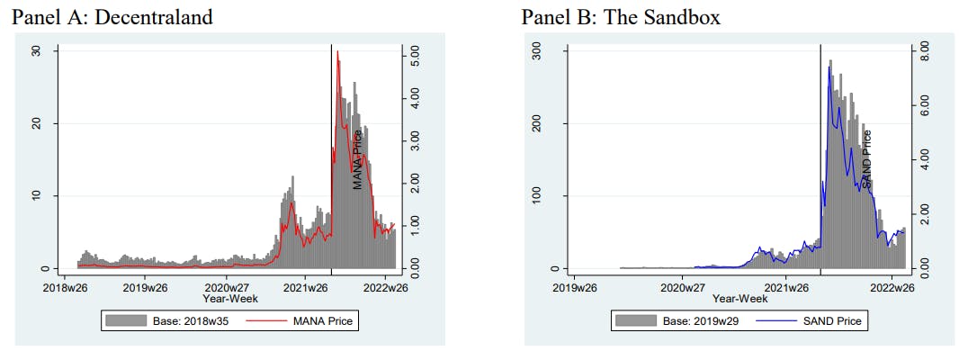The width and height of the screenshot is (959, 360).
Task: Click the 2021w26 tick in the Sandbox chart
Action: click(x=787, y=288)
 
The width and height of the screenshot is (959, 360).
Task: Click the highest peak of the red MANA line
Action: click(x=337, y=52)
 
